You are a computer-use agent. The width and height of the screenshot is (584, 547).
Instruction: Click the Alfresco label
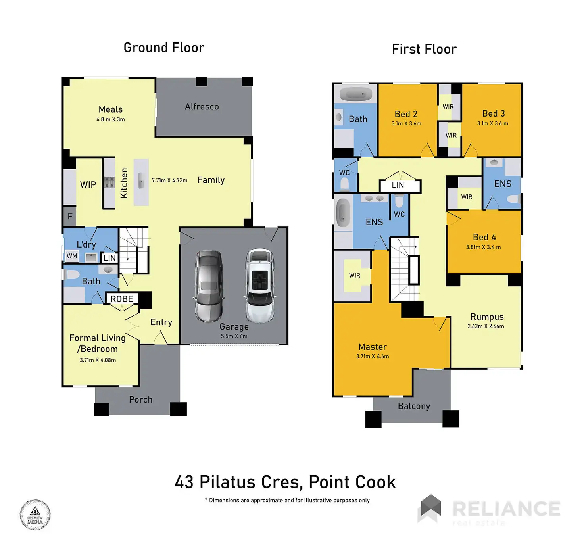point(202,106)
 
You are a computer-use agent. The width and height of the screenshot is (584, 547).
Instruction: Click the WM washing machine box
point(72,256)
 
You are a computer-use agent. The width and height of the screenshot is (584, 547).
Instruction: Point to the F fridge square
point(70,216)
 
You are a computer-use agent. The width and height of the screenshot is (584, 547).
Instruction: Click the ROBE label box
point(122,299)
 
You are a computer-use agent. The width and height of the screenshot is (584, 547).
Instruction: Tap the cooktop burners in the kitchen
point(109,182)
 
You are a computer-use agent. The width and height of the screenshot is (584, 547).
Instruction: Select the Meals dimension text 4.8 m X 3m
point(111,119)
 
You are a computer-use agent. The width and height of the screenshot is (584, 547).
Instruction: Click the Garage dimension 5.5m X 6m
point(234,336)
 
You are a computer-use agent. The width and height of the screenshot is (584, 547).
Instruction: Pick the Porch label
point(141,399)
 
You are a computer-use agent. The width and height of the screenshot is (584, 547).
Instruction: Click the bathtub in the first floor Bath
point(356,94)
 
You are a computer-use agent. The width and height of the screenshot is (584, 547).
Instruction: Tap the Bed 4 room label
point(484,237)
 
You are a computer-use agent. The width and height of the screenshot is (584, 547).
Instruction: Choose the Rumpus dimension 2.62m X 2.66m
point(486,326)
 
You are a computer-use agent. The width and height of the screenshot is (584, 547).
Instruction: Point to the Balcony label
point(414,406)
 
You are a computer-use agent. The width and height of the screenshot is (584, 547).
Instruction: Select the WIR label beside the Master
point(355,276)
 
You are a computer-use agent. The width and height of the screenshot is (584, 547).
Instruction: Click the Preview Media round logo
point(35,514)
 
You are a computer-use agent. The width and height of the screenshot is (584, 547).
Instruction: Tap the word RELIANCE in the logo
point(507,509)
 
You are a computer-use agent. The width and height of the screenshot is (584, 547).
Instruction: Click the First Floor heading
point(424,49)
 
